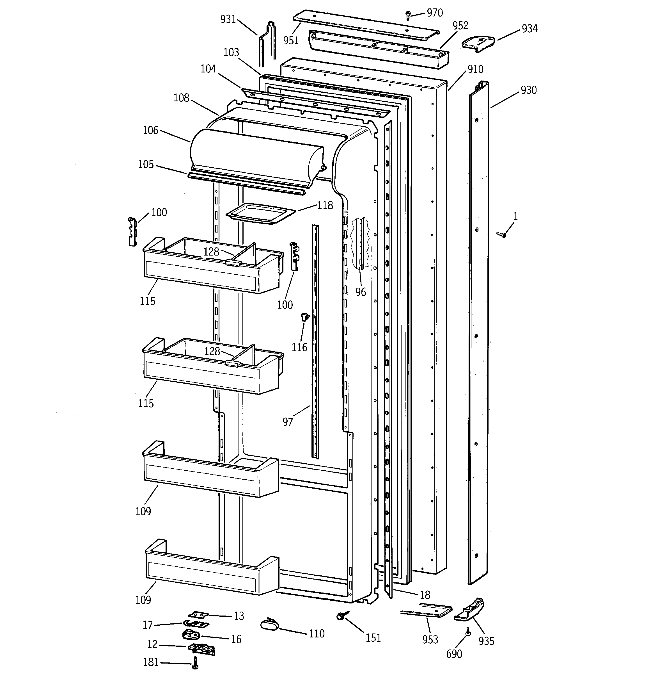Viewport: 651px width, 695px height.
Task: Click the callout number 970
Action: coord(435,13)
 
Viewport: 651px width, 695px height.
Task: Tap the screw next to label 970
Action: coord(407,15)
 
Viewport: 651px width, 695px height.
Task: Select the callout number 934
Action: coord(529,29)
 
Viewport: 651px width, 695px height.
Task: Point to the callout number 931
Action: coord(228,19)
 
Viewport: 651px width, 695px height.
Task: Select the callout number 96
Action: coord(361,292)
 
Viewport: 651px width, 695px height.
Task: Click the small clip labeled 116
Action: coord(305,317)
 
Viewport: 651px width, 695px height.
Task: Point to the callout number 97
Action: coord(288,422)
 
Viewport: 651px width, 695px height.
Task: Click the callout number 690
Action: coord(454,654)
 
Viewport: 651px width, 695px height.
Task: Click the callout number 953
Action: coord(430,639)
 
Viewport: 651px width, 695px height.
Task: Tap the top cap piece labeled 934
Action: coord(478,44)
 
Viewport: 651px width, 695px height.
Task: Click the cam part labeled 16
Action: coord(190,634)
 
